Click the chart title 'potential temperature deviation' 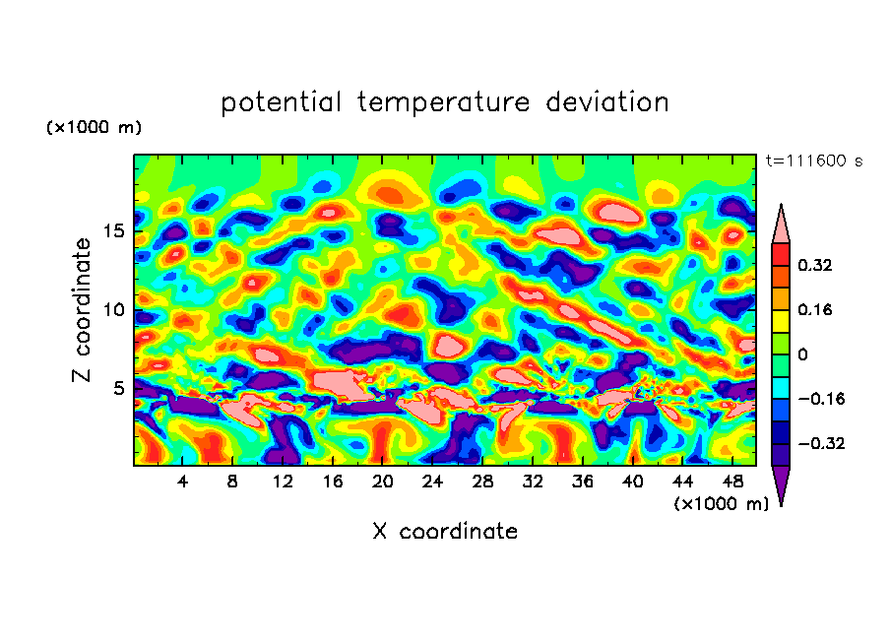445,102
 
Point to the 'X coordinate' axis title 445,532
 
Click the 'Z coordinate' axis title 83,309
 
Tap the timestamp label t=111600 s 813,161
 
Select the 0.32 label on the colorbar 815,265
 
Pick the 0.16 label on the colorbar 815,309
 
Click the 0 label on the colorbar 801,354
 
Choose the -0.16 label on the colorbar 819,399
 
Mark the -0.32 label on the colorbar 819,443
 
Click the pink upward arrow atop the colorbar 781,225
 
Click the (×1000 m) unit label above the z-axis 94,128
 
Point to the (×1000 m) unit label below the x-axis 722,504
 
